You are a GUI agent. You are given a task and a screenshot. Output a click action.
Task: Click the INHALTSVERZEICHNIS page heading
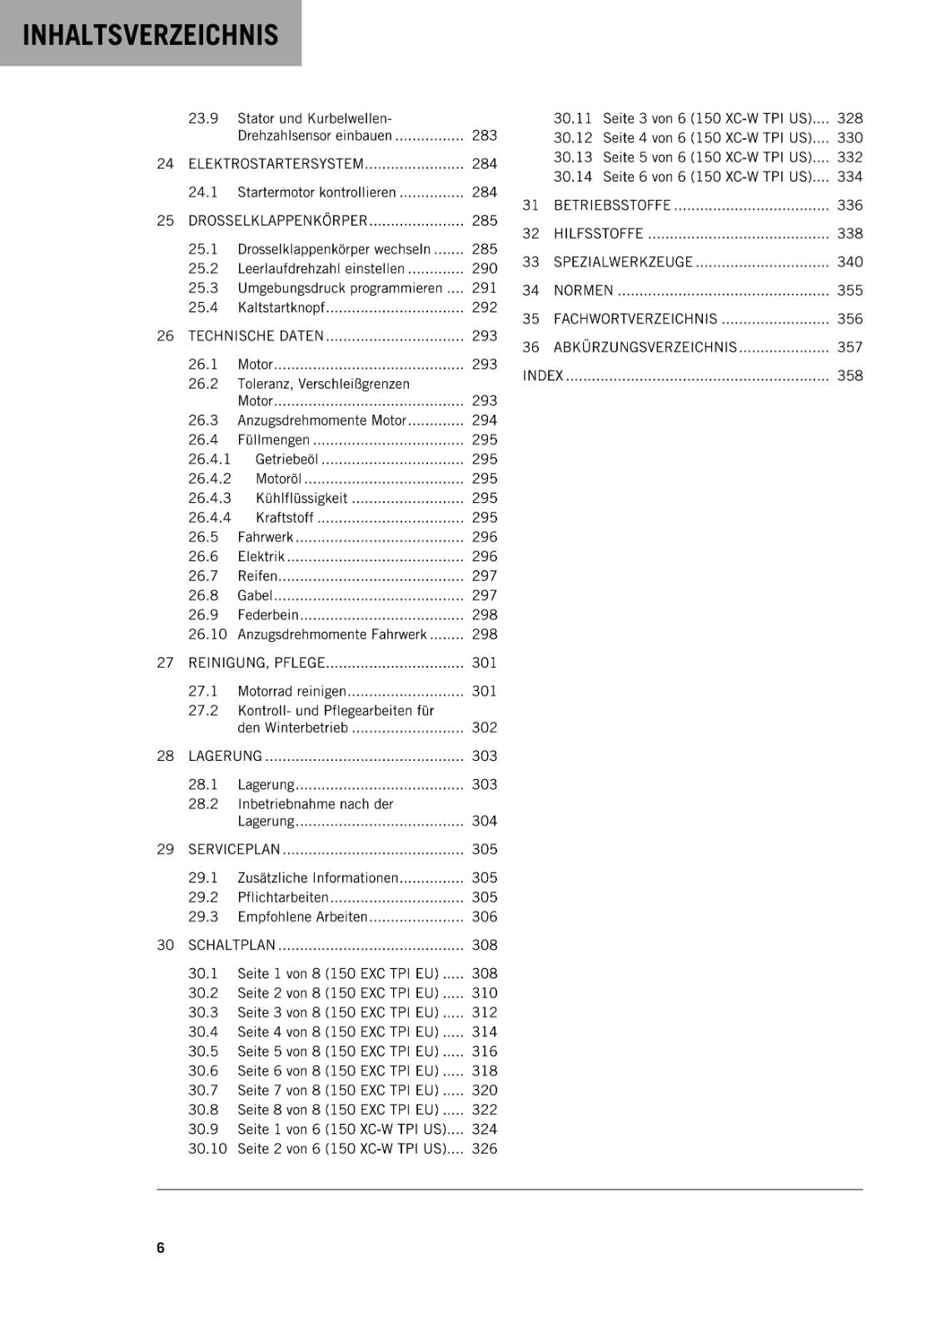150,35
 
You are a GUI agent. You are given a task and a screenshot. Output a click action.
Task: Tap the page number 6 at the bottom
161,1247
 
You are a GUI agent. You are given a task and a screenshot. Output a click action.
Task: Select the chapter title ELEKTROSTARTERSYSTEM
276,164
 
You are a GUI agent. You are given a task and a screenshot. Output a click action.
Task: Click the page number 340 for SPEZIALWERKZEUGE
849,262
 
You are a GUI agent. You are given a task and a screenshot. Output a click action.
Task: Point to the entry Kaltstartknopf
281,308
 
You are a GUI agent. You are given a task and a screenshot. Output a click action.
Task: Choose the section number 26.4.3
209,498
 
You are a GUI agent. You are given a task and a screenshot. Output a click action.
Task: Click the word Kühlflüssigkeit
301,498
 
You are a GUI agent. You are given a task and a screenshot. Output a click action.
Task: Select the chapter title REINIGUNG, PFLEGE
256,663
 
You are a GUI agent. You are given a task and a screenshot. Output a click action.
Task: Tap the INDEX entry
543,375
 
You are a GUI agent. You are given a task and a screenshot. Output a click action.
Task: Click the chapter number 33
530,262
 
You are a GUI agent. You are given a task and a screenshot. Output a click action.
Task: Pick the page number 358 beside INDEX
849,375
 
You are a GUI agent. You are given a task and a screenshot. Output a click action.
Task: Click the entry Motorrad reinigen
291,691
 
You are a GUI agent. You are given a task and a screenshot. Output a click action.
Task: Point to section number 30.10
207,1149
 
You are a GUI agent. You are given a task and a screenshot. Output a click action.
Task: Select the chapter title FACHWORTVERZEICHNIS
635,319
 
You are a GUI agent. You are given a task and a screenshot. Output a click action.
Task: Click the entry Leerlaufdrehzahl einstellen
321,269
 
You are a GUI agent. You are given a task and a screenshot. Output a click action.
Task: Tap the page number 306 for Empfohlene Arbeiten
484,917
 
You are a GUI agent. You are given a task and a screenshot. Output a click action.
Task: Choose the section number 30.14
572,176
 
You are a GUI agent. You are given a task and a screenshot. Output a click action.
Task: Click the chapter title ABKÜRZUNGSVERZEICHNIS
645,347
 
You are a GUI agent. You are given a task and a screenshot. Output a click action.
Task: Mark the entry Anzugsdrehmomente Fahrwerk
331,634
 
